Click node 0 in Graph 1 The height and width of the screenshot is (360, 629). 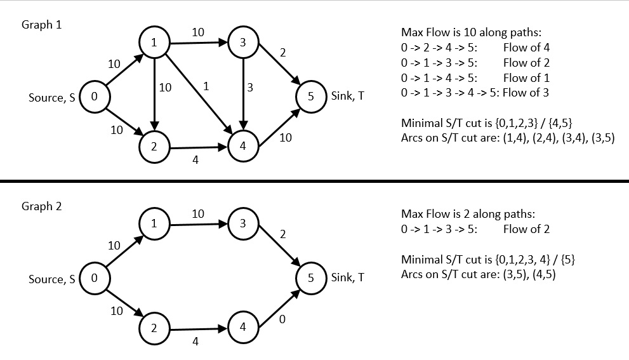point(94,97)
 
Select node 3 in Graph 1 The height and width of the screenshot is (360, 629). point(242,43)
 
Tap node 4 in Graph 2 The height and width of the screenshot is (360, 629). point(242,326)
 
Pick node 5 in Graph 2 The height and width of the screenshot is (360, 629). point(311,277)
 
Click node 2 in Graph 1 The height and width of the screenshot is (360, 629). point(154,145)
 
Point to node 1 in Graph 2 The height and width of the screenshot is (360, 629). point(154,223)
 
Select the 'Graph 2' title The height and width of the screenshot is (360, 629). point(41,206)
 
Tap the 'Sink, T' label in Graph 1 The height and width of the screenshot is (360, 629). point(347,97)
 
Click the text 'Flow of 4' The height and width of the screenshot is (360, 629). point(526,47)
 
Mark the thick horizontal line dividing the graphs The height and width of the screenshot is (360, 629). point(314,181)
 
